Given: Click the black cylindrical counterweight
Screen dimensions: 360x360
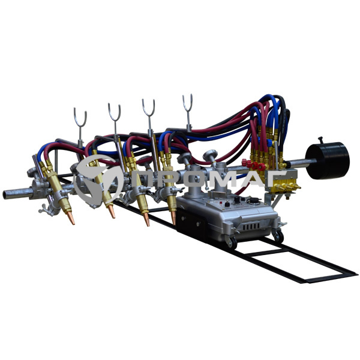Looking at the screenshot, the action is point(327,160).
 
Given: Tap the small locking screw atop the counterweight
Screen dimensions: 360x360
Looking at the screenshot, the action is point(320,140).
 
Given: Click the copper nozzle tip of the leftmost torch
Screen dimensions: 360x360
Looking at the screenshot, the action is point(71,218).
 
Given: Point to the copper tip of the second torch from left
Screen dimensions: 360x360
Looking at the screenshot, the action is point(112,211).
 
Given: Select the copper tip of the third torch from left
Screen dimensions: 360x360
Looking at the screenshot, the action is point(146,220).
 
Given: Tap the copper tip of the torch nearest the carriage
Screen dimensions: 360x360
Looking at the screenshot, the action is point(173,218).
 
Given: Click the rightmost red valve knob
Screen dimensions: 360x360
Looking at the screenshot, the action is point(262,167).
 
